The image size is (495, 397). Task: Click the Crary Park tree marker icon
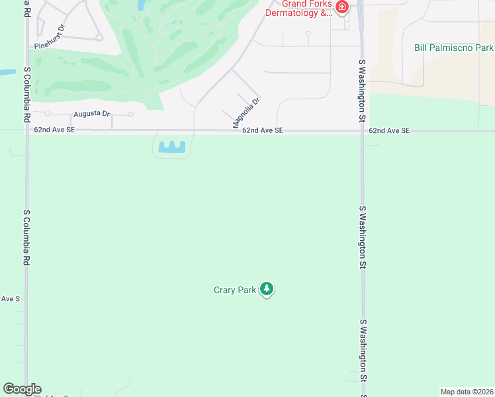[x=267, y=289]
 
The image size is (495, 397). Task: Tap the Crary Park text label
[x=234, y=290]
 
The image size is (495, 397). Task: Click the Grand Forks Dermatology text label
[x=298, y=9]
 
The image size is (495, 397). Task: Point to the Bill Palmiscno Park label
[x=454, y=48]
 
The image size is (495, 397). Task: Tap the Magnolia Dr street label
[x=246, y=112]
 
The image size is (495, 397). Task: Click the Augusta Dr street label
[x=91, y=113]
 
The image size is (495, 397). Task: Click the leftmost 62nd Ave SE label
[x=54, y=130]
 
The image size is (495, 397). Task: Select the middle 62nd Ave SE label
[x=262, y=131]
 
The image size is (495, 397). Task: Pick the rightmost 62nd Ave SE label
[x=389, y=131]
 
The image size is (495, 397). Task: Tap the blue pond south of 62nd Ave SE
[x=171, y=147]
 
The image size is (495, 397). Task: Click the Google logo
[x=22, y=389]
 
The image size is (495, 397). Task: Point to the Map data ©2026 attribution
[x=467, y=392]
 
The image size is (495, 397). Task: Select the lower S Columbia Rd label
[x=27, y=238]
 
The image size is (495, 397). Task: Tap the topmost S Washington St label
[x=362, y=91]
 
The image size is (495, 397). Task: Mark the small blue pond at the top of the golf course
[x=141, y=5]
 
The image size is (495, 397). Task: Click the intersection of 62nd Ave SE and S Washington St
[x=362, y=131]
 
